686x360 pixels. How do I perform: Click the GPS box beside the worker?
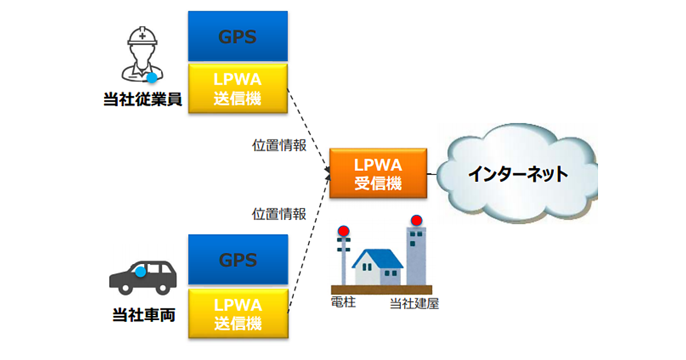[237, 36]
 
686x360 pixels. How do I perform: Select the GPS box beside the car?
[237, 260]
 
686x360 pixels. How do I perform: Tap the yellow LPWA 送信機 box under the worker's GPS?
[237, 89]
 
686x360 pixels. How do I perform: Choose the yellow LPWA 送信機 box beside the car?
[237, 313]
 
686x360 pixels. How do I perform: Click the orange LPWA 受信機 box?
[378, 173]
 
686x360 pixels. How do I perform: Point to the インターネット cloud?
[517, 173]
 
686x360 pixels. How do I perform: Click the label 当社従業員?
[142, 99]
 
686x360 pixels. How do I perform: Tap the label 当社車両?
[142, 314]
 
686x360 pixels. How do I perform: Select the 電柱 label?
[343, 302]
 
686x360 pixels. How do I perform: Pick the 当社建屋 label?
[414, 303]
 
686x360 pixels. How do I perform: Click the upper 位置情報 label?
[279, 145]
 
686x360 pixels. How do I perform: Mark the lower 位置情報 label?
[279, 214]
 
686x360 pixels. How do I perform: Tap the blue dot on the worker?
[152, 78]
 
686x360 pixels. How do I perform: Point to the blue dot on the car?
[141, 272]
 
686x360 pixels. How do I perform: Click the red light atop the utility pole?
[343, 231]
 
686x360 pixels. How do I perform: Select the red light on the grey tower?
[416, 220]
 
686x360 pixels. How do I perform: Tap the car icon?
[143, 277]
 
